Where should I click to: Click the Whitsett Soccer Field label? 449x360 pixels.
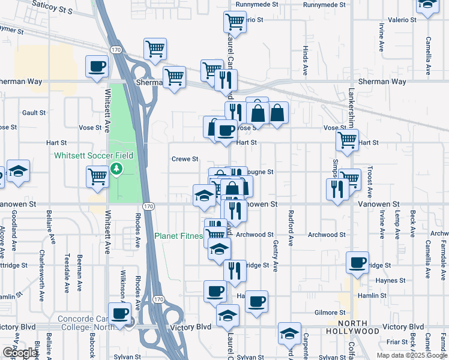point(93,155)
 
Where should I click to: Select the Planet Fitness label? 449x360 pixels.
point(178,236)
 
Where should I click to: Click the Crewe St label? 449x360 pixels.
point(185,159)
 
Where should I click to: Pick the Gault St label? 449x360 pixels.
point(34,113)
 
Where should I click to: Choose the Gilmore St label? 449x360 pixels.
point(330,313)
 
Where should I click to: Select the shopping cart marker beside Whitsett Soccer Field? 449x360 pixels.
point(97,176)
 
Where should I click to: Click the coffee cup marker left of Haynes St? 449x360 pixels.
point(358,262)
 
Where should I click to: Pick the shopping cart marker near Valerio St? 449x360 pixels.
point(235,22)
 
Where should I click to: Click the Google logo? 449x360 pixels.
point(19,353)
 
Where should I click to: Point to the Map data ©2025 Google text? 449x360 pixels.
point(411,355)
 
